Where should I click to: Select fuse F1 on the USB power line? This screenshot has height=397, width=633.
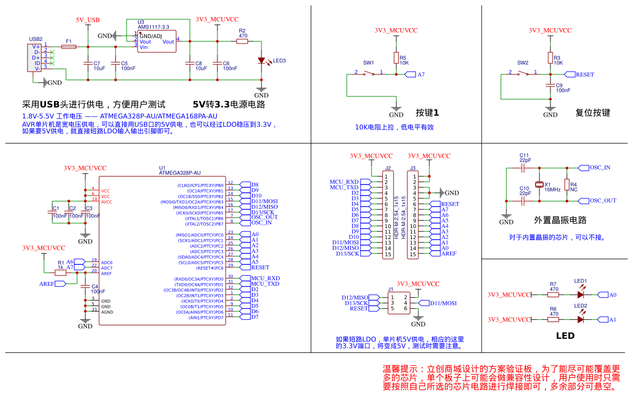click(69, 47)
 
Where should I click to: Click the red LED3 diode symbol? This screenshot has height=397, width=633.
click(261, 61)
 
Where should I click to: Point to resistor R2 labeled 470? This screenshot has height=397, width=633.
click(243, 41)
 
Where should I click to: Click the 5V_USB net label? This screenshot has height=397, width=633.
click(88, 20)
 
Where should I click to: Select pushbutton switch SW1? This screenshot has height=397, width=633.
click(369, 73)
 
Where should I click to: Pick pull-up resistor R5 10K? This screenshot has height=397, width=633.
click(396, 58)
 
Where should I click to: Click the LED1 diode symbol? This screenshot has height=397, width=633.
click(580, 295)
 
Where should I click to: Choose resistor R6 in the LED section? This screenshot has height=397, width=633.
click(554, 319)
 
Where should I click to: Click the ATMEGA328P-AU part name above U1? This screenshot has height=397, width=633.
click(179, 172)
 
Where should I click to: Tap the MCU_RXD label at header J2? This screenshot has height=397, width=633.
click(345, 182)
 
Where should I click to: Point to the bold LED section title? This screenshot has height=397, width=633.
click(565, 336)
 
